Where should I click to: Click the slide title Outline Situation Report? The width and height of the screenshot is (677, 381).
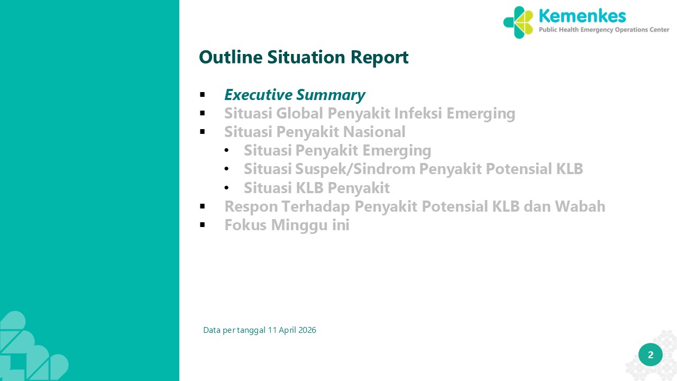[x=304, y=58]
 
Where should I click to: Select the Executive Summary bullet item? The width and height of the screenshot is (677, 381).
[x=295, y=95]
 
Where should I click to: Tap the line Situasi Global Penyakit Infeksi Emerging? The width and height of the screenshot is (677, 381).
[x=370, y=114]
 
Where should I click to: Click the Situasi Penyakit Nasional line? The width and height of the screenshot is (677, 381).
[x=315, y=132]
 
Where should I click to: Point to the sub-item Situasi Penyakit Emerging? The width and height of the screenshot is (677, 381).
[x=337, y=151]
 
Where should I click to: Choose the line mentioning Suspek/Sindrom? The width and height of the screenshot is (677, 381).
[x=414, y=169]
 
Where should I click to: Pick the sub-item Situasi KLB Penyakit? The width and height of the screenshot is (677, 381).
[x=317, y=188]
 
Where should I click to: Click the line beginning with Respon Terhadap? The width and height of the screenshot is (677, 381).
[x=415, y=207]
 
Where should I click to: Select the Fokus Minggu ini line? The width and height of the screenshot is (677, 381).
[x=287, y=225]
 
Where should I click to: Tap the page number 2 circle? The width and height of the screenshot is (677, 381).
[x=651, y=355]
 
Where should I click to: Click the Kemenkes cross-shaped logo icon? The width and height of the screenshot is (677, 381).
[x=518, y=22]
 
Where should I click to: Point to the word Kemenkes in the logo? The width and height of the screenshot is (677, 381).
[x=582, y=16]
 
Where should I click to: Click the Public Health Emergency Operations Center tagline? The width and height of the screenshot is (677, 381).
[x=604, y=30]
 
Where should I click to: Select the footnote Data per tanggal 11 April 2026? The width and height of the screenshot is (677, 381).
[x=260, y=330]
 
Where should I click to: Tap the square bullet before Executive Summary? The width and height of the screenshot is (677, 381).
[x=203, y=95]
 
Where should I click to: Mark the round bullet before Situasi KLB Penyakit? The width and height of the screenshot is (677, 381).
[x=227, y=188]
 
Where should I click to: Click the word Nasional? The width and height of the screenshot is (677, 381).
[x=374, y=132]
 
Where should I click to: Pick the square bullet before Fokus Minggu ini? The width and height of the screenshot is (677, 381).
[x=203, y=225]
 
